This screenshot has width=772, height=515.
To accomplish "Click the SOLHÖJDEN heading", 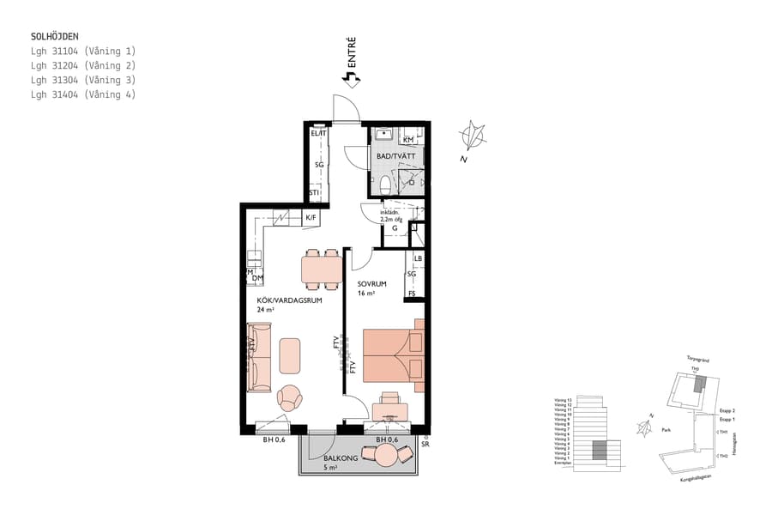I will pos(54,37).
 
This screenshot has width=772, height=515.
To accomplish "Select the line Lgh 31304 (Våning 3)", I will pos(82,80).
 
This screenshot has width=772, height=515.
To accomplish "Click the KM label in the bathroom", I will pos(408,139).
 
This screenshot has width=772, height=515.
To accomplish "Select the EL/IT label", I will pos(318,134).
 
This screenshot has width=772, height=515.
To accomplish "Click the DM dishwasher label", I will pos(257,278).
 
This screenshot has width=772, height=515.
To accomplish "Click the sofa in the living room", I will pos(259,356).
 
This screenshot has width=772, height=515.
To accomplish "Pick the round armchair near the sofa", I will pos(290,397).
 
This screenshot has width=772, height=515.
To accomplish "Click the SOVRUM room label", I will pos(373,283).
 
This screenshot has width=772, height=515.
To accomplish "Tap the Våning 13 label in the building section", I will pos(562,399).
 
